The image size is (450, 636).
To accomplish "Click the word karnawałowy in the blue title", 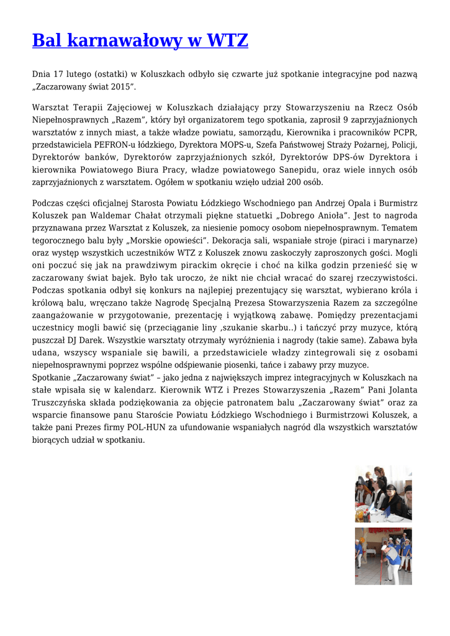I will click(x=124, y=41).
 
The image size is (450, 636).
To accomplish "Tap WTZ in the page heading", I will click(x=227, y=41).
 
